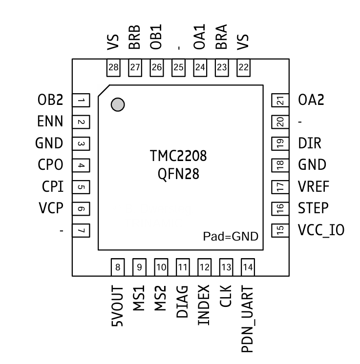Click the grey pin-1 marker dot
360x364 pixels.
click(118, 104)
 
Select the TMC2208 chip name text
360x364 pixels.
click(178, 157)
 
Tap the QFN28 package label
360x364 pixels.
click(178, 174)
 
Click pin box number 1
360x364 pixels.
click(81, 101)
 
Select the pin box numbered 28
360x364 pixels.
click(113, 67)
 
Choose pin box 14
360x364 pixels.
click(248, 267)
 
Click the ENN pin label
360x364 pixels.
click(50, 122)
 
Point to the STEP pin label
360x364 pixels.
click(313, 208)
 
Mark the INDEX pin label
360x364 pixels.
click(204, 305)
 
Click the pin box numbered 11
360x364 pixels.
click(183, 267)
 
